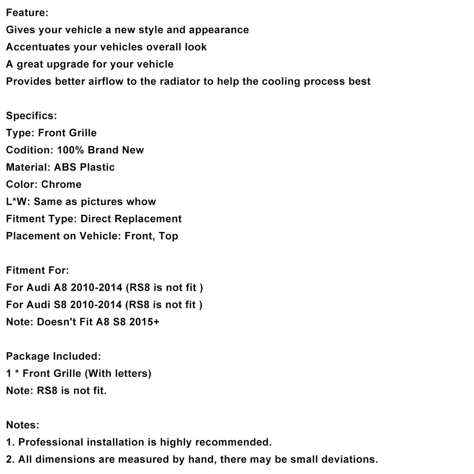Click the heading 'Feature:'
tap(27, 13)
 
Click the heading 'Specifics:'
tap(31, 116)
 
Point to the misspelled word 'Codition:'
tap(30, 150)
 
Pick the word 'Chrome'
tap(61, 184)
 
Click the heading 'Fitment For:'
tap(37, 270)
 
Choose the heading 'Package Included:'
tap(53, 356)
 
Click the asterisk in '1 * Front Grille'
tap(17, 373)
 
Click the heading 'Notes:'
tap(23, 424)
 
